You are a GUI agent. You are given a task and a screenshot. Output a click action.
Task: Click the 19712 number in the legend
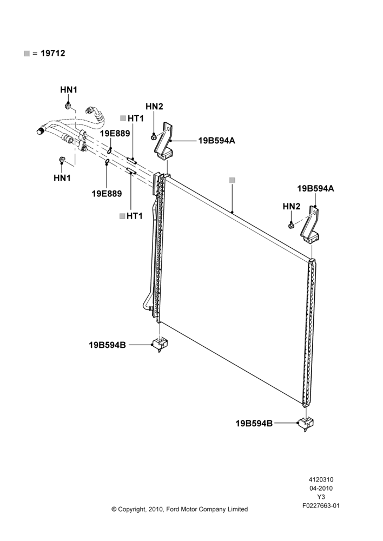pos(53,54)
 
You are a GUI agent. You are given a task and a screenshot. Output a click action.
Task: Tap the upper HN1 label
pos(69,90)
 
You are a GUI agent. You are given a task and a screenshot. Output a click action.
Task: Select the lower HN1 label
pos(62,178)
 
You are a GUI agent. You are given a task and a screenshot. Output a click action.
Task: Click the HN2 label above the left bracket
pos(154,107)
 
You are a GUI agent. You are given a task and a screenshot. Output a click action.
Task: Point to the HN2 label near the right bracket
pos(292,206)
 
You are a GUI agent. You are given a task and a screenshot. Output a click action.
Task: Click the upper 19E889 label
pos(115,134)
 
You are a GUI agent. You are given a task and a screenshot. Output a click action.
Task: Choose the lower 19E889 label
pos(107,194)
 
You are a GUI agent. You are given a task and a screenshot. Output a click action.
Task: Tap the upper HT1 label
pos(136,118)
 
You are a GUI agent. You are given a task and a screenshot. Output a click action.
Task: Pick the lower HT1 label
pos(135,216)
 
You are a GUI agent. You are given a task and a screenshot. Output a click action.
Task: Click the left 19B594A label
pos(217,141)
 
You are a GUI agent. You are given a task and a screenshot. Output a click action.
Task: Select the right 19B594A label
pos(316,189)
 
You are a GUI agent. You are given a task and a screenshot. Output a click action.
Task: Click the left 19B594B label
pos(107,345)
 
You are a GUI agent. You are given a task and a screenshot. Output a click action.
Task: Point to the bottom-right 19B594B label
pos(254,424)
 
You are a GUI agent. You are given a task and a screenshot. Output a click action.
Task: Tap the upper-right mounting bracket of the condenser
pos(311,225)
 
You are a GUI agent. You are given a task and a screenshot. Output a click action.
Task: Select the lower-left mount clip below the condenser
pos(160,345)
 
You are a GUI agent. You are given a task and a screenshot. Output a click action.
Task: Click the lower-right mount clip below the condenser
pos(306,424)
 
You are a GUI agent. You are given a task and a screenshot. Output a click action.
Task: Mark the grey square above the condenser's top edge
pos(232,180)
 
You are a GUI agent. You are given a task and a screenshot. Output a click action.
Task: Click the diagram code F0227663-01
pos(321,506)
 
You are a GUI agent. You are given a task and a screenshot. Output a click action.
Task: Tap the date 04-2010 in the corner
pos(321,488)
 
